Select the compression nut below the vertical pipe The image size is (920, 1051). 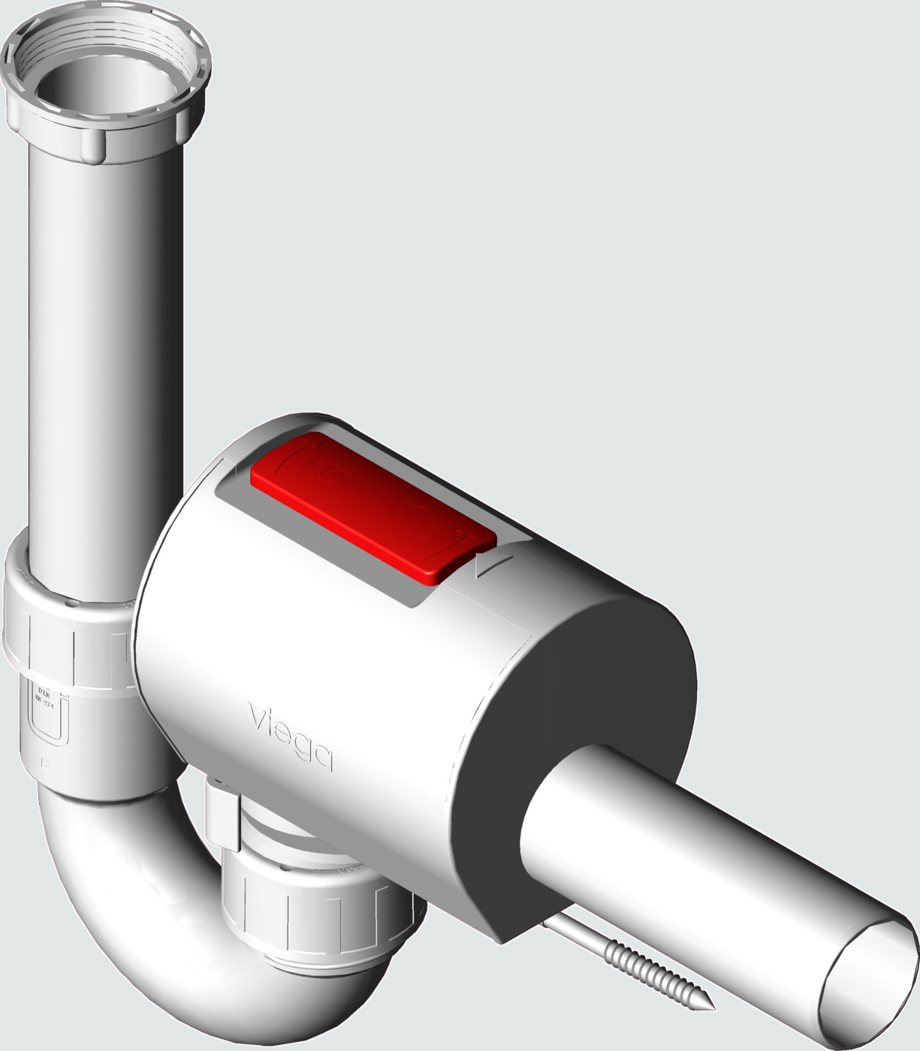68,638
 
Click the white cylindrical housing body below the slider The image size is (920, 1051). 360,661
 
